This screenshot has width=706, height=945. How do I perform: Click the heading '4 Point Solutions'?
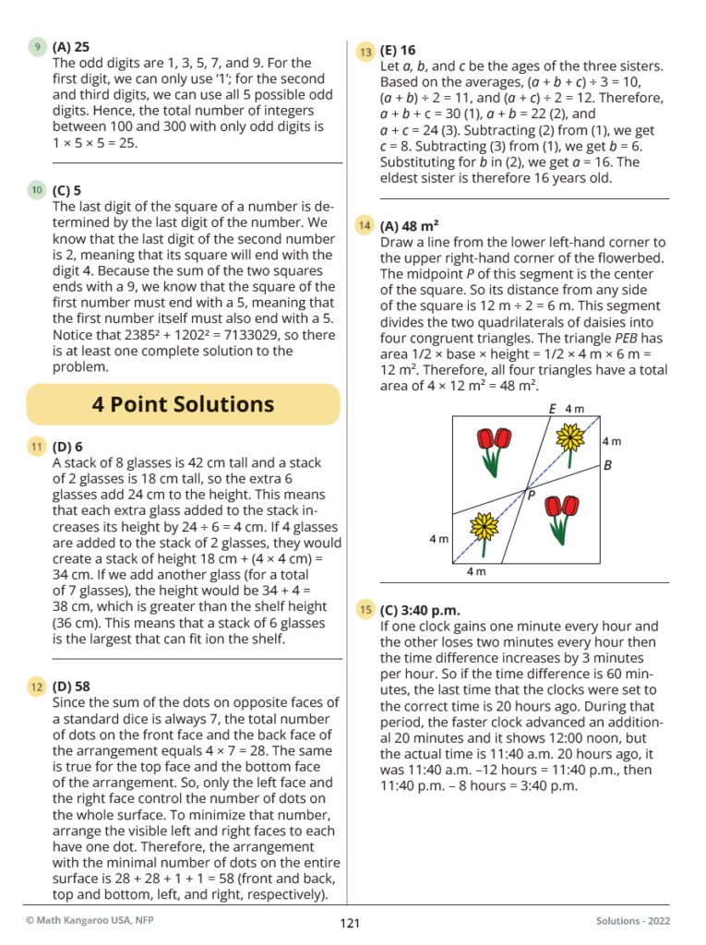183,404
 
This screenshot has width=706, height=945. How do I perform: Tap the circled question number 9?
37,45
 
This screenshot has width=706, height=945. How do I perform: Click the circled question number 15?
365,609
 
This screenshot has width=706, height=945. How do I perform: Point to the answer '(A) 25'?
71,46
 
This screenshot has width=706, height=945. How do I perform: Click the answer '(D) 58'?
72,687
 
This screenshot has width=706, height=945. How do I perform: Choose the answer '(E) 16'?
398,52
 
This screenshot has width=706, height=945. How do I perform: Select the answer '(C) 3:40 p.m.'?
420,610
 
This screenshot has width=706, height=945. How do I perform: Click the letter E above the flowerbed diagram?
553,409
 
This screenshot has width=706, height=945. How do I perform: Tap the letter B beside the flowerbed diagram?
607,466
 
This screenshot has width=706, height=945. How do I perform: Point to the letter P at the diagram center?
532,496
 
